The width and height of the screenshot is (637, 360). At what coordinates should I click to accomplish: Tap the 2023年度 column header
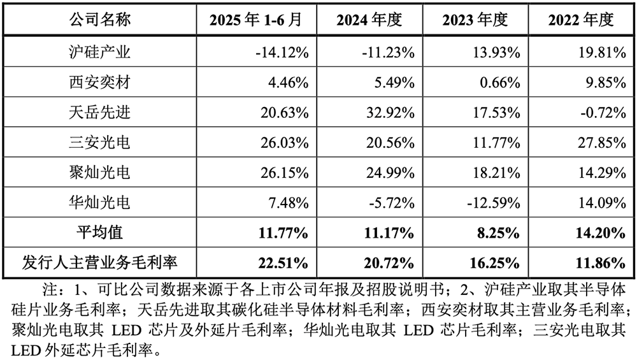point(475,20)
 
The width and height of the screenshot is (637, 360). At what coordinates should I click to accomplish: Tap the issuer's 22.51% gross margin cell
point(282,262)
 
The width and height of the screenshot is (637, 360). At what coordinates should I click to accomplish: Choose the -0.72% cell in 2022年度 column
point(600,113)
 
